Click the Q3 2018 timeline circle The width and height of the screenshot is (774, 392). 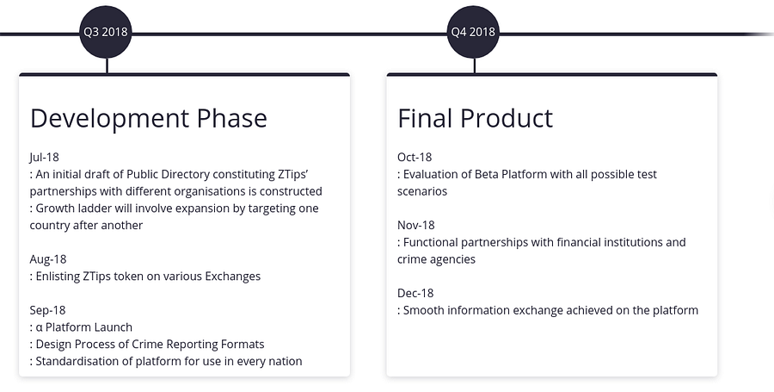(x=106, y=32)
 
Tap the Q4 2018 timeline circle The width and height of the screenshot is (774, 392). (x=473, y=32)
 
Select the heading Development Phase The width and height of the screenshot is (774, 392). (x=149, y=119)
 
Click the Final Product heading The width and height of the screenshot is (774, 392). (x=475, y=119)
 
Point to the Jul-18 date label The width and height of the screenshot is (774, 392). (x=44, y=157)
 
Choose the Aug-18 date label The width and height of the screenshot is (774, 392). (x=48, y=259)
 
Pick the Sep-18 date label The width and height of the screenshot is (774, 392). (x=47, y=310)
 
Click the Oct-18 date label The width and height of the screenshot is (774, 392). (x=415, y=157)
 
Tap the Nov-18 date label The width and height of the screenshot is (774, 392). (x=416, y=226)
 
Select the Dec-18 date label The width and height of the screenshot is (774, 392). (x=415, y=293)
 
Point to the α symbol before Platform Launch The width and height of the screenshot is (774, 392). (x=39, y=327)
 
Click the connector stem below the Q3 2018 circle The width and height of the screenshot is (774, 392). (x=107, y=65)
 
